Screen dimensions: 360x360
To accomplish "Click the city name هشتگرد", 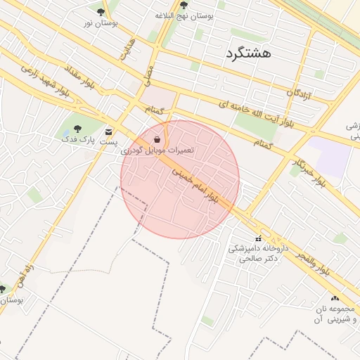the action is tap(250, 53).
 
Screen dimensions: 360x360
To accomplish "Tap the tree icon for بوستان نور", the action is tap(101, 12).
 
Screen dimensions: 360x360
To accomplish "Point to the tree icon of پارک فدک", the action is tap(77, 129).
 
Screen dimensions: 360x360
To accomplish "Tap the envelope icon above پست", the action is tap(108, 131).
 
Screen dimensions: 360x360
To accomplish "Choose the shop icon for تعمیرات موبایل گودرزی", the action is tap(156, 139).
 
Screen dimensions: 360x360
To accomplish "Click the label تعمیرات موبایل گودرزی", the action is tap(157, 150).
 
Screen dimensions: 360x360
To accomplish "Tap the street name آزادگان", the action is tap(299, 93).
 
